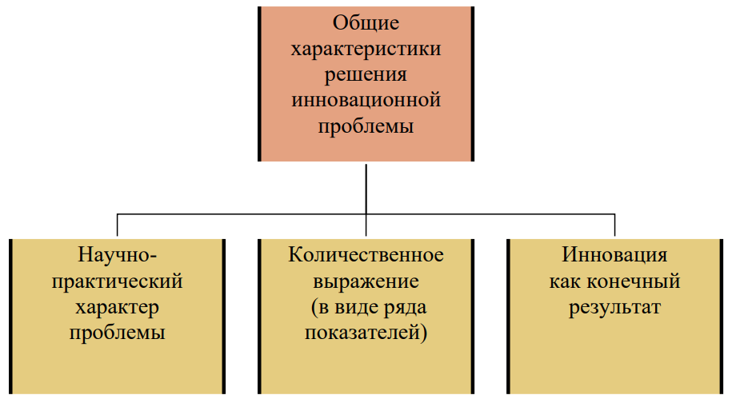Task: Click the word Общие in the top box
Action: [366, 23]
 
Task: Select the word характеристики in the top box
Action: [366, 49]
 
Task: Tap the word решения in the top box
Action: [366, 75]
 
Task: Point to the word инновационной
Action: [366, 100]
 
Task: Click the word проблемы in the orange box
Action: [366, 127]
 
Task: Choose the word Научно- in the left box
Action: [117, 255]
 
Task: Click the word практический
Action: [117, 282]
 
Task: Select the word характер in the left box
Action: [117, 308]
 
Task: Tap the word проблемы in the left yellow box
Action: [117, 333]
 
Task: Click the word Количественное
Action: [366, 255]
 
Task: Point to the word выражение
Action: [366, 282]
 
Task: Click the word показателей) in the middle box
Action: [366, 333]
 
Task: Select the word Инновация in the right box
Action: [614, 255]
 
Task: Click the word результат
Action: [614, 308]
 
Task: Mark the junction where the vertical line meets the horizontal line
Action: [366, 214]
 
